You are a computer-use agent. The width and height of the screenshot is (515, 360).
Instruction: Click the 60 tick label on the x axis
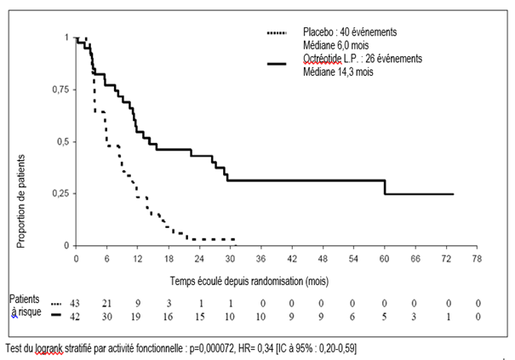(x=385, y=257)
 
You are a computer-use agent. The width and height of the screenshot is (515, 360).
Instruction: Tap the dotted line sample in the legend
(x=275, y=32)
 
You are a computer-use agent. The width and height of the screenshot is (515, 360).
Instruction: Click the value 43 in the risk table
(x=77, y=304)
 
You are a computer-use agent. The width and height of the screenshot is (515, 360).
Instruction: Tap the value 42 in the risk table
(x=77, y=317)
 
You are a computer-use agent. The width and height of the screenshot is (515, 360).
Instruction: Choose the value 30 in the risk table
(x=107, y=317)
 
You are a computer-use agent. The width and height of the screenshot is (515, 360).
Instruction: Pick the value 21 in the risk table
(x=107, y=304)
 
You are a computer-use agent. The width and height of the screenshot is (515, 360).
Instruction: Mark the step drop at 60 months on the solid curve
(x=386, y=187)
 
